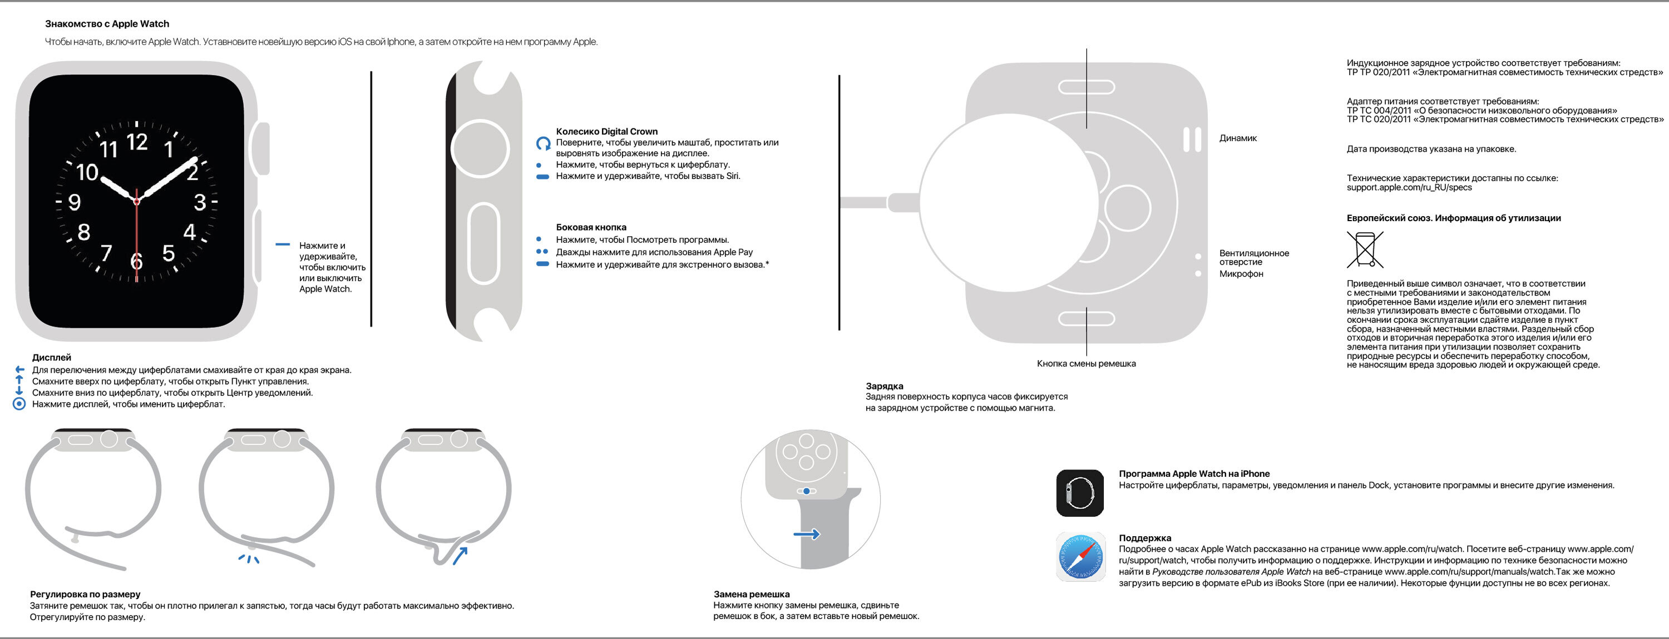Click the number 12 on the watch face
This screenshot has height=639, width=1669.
click(x=137, y=141)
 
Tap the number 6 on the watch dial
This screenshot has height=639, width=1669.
click(x=136, y=261)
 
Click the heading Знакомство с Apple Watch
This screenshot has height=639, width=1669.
click(x=107, y=24)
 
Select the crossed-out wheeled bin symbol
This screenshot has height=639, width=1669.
click(x=1365, y=249)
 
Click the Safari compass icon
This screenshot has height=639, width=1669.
click(x=1079, y=557)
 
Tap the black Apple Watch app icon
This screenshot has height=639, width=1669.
click(x=1079, y=493)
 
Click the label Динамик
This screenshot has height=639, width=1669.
click(x=1237, y=138)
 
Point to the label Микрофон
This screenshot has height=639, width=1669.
click(x=1241, y=274)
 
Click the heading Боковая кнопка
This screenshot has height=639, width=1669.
click(x=591, y=227)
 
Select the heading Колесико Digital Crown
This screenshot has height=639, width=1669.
click(x=606, y=132)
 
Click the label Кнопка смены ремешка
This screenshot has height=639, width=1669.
click(x=1086, y=364)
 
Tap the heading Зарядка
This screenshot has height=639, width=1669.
click(x=884, y=386)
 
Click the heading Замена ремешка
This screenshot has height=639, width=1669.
click(x=751, y=593)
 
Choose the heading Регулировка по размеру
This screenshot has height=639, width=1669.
click(x=85, y=593)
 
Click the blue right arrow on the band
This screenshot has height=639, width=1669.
click(x=807, y=534)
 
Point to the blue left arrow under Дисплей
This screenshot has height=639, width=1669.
click(x=19, y=370)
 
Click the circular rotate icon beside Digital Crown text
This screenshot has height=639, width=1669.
click(x=543, y=143)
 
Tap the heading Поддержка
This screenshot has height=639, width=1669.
click(x=1144, y=538)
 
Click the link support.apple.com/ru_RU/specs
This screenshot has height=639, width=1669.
click(x=1409, y=188)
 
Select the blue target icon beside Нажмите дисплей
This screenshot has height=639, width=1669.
click(x=19, y=404)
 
